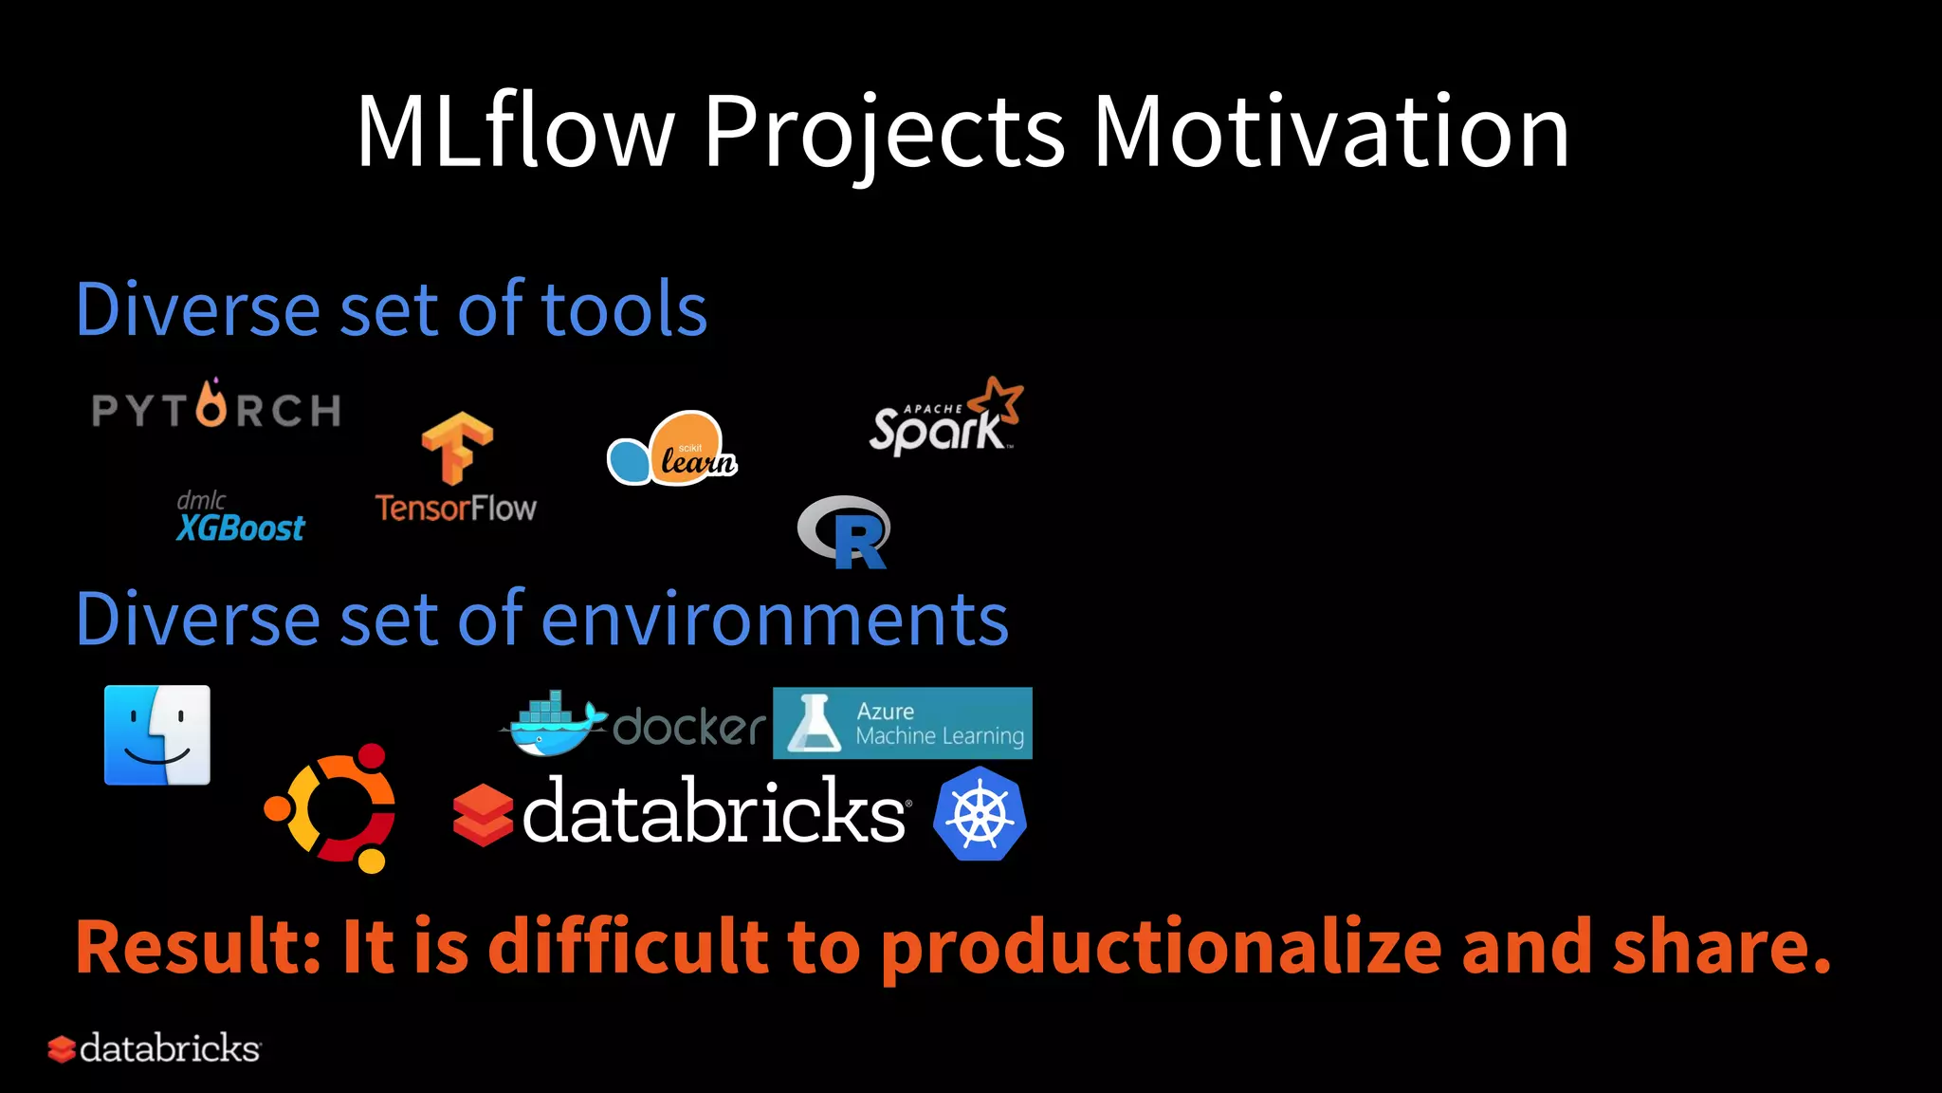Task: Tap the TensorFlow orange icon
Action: click(x=457, y=447)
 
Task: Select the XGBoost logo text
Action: click(x=241, y=527)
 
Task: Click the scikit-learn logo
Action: click(x=672, y=449)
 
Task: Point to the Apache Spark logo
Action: click(x=945, y=418)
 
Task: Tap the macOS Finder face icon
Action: click(x=157, y=735)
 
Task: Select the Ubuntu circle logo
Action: click(x=331, y=808)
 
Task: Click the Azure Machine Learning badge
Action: click(x=902, y=723)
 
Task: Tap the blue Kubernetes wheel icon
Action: click(x=980, y=814)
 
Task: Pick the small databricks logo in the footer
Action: click(x=155, y=1048)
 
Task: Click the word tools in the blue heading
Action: click(x=624, y=309)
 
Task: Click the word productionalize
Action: click(x=1162, y=948)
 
